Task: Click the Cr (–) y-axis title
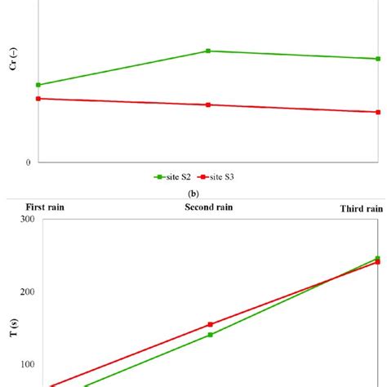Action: (x=12, y=62)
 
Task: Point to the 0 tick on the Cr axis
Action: (x=29, y=162)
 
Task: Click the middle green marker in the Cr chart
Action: (x=208, y=51)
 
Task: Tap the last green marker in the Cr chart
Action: (x=377, y=59)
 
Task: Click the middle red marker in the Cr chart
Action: (x=208, y=105)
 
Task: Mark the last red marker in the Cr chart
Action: (x=377, y=113)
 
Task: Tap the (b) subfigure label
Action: (x=193, y=194)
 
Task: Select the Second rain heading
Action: (x=209, y=207)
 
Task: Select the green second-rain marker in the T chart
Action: (x=210, y=335)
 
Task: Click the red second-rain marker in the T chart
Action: (x=210, y=324)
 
